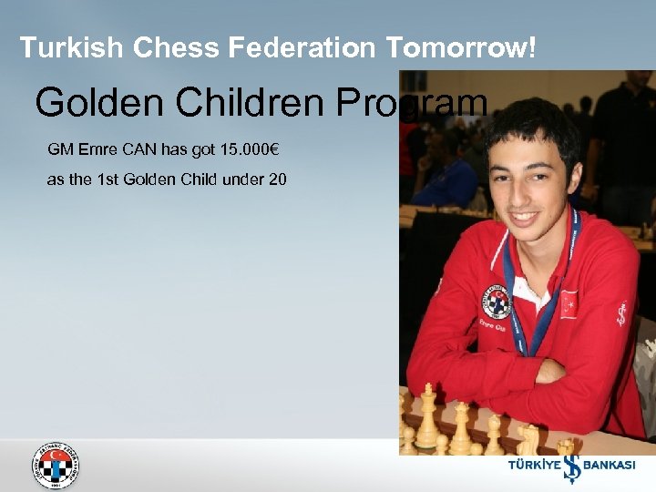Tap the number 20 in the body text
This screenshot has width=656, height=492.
[x=278, y=179]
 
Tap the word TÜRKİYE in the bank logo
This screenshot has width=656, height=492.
[x=532, y=465]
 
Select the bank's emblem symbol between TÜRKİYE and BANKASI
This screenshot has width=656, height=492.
[x=570, y=463]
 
